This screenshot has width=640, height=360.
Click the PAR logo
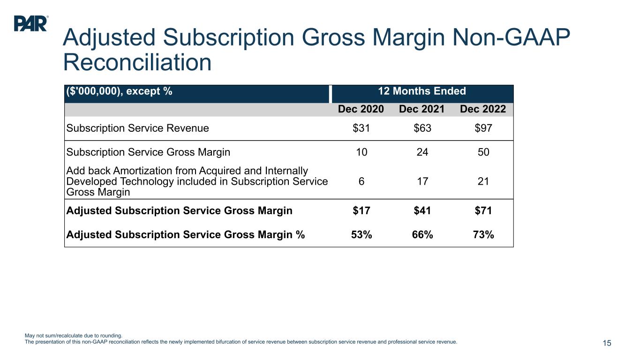click(x=30, y=23)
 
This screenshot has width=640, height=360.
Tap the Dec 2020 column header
click(x=361, y=109)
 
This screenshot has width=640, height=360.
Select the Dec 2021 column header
click(x=422, y=109)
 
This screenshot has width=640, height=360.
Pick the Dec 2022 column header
click(x=483, y=109)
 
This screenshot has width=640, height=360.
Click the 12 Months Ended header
click(x=422, y=91)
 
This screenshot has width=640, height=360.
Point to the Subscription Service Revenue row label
click(x=138, y=128)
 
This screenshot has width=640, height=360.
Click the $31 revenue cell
click(x=361, y=128)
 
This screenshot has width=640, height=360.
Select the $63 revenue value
click(x=422, y=128)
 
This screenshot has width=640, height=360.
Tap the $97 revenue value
click(x=483, y=128)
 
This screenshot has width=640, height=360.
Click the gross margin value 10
click(x=361, y=152)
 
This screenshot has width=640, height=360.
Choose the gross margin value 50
click(x=483, y=152)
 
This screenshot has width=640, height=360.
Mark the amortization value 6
click(x=361, y=181)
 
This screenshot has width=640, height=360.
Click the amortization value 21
click(x=483, y=181)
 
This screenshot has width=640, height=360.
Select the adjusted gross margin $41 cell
click(x=422, y=210)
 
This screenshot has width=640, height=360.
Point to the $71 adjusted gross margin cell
click(x=483, y=210)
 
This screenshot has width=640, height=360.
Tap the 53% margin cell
click(x=361, y=235)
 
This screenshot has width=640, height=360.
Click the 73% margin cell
click(x=483, y=235)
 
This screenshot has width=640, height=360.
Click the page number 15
click(x=607, y=344)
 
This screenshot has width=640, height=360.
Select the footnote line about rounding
click(x=73, y=335)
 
